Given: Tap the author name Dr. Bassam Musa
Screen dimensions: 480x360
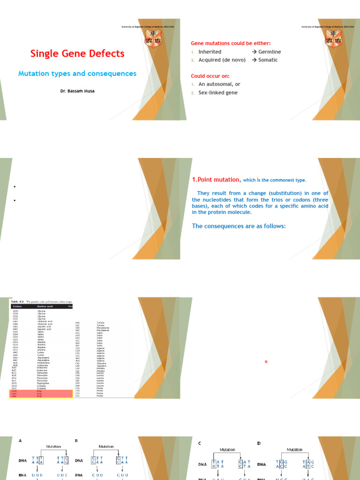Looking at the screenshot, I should coord(77,91).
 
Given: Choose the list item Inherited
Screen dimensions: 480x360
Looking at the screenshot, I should coord(210,52).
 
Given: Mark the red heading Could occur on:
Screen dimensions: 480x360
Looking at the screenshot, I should coord(210,76).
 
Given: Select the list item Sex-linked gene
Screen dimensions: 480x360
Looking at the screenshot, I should coord(218,93).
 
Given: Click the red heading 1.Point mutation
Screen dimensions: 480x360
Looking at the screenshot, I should coord(216,180).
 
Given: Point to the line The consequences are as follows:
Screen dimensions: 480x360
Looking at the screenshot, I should coord(239,226).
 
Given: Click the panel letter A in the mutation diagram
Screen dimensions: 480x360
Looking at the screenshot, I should coord(20,441).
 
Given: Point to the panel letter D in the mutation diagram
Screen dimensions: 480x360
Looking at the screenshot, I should coord(259,443).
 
